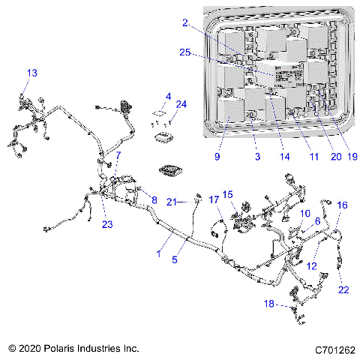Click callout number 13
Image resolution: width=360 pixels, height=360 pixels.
(x=31, y=73)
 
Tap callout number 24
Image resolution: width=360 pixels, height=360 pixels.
(x=181, y=103)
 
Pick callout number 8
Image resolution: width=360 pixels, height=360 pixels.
(x=154, y=200)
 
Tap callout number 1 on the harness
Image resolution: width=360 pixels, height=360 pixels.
(x=157, y=255)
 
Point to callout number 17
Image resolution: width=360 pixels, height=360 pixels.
(x=214, y=200)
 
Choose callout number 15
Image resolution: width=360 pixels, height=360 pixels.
(x=229, y=194)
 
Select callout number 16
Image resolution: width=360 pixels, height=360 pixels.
(x=342, y=205)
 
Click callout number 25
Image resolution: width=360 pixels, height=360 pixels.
(x=184, y=52)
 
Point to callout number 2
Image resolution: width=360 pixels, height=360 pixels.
(x=184, y=24)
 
